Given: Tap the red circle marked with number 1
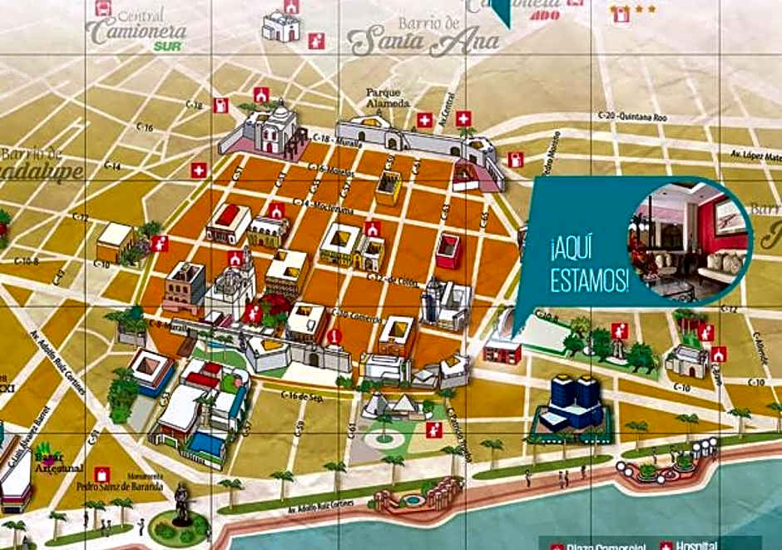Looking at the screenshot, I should tap(334, 336).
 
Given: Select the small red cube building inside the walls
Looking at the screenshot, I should tap(448, 250).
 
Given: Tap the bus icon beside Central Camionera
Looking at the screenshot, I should tap(103, 7).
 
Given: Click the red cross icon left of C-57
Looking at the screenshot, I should tap(198, 170).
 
